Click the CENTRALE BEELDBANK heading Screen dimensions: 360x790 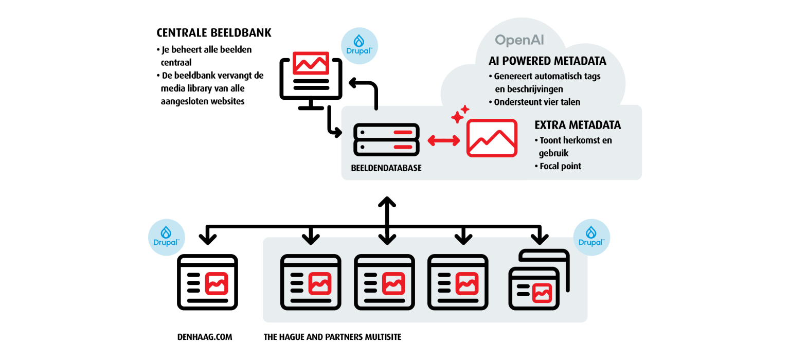214,33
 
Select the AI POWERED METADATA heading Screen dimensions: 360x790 547,61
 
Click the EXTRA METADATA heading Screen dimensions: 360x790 578,125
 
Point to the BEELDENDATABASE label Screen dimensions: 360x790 386,168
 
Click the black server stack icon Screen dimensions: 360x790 386,140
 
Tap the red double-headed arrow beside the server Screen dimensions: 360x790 444,140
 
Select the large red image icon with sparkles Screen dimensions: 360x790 491,138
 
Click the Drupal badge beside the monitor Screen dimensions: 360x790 360,46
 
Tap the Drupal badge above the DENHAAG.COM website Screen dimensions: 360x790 166,237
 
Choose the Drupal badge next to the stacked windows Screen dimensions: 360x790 591,237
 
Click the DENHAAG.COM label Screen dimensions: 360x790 204,337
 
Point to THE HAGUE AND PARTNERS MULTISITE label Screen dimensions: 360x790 332,337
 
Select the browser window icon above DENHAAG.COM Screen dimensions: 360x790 207,282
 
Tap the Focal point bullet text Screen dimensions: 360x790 560,166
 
